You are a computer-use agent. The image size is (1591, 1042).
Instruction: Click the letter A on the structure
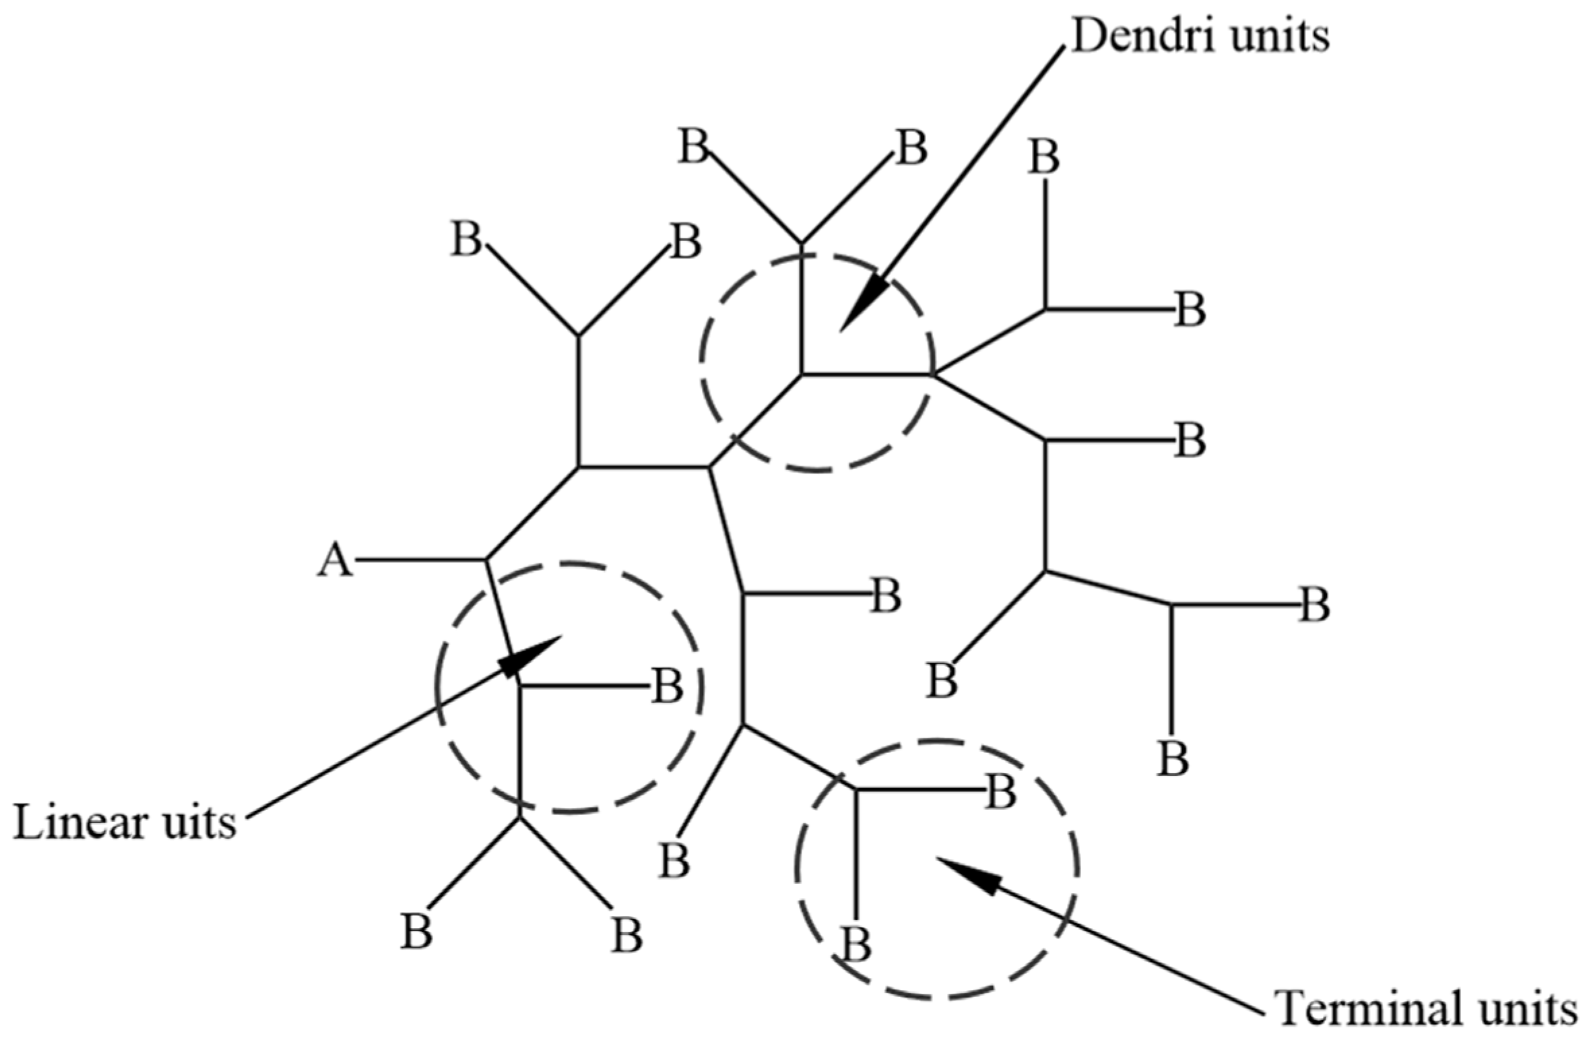[335, 561]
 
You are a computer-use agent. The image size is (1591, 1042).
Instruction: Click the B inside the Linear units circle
[667, 686]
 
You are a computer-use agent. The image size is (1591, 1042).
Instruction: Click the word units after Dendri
[1273, 36]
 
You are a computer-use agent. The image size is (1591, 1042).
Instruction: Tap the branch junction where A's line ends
[486, 560]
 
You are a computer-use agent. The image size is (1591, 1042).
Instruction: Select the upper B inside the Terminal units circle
[1000, 793]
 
